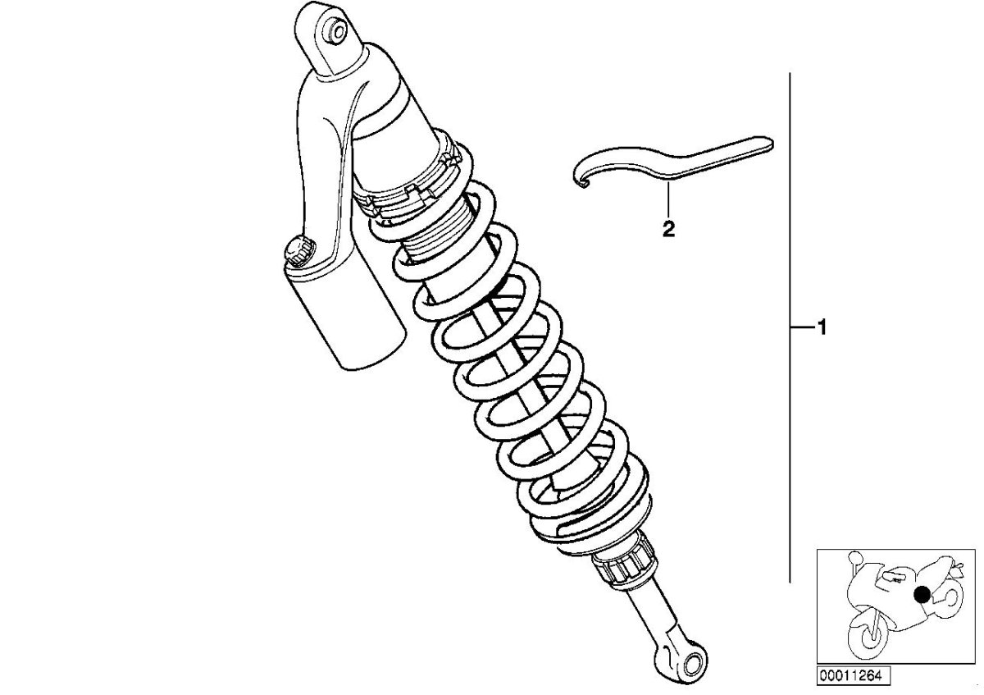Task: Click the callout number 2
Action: pos(668,229)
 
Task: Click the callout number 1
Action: pos(820,328)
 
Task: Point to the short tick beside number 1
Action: pos(799,328)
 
